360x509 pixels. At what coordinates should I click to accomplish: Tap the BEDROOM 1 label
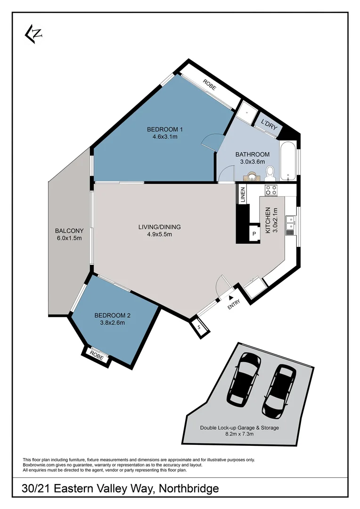point(164,130)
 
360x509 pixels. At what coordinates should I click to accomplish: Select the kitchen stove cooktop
point(271,190)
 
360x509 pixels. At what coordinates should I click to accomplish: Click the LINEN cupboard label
point(243,195)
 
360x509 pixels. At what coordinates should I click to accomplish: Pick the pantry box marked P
point(254,234)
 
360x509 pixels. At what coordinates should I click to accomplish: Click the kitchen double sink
point(291,226)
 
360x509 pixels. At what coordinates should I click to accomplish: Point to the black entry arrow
point(230,297)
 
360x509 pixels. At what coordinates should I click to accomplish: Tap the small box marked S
point(199,327)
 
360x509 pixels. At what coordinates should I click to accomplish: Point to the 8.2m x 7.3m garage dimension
point(239,434)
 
